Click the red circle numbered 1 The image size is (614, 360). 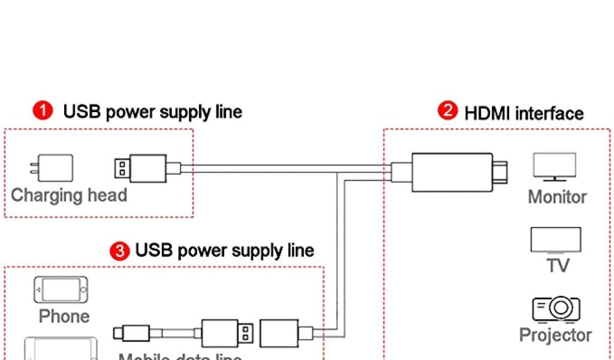42,112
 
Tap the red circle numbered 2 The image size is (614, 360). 448,112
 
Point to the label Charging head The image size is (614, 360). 69,196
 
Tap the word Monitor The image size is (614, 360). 557,197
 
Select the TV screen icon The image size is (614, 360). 555,240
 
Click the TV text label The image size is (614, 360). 558,265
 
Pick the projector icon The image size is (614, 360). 556,308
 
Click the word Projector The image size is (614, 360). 555,335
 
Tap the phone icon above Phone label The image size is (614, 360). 61,290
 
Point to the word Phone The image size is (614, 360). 64,316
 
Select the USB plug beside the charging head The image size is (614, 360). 147,169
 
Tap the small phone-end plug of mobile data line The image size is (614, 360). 132,331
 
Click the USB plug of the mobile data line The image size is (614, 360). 227,332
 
